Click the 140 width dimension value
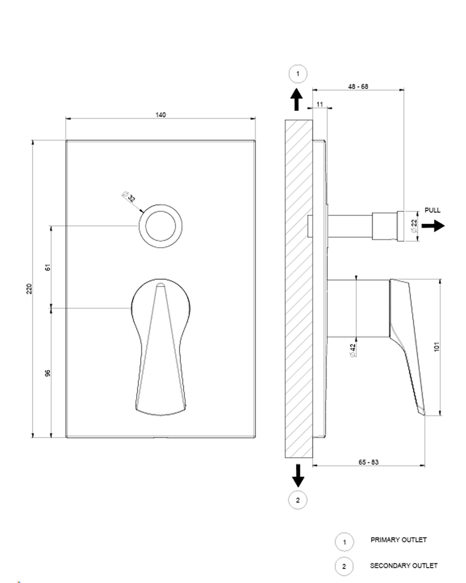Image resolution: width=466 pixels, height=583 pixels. [x=161, y=115]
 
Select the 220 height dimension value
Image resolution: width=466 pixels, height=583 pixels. [x=29, y=288]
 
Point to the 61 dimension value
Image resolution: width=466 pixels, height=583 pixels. [x=48, y=267]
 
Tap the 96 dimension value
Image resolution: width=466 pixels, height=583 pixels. [x=48, y=373]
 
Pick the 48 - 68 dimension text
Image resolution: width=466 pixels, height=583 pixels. [x=358, y=86]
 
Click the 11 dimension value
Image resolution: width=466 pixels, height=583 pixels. [x=320, y=105]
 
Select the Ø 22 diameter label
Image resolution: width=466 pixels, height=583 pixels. [x=414, y=226]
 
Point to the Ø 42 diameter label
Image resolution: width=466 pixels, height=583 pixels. [x=353, y=350]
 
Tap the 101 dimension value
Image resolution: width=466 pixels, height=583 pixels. [x=437, y=346]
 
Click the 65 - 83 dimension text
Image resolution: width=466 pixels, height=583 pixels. [x=368, y=462]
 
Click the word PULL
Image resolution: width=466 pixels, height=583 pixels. [x=432, y=210]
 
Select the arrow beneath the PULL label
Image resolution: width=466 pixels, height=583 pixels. [x=433, y=225]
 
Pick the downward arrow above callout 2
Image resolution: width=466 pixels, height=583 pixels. [x=298, y=475]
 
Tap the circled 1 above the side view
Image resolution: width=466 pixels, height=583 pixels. [x=298, y=74]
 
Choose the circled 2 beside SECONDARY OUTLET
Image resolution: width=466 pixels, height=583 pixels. [x=344, y=566]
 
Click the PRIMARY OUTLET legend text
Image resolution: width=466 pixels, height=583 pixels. [x=398, y=540]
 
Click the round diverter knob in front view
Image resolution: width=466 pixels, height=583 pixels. [x=161, y=226]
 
